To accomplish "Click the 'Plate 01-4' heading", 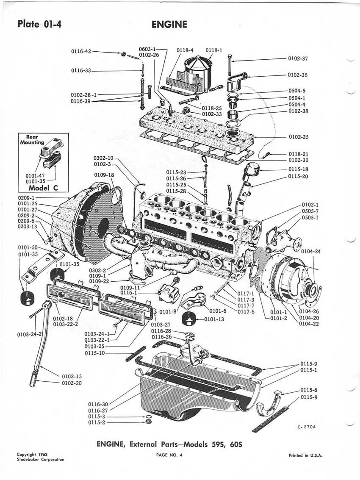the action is [x=39, y=24].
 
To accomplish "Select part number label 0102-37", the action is [x=298, y=58].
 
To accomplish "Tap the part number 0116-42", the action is [x=81, y=51].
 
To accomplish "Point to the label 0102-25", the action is [x=299, y=137].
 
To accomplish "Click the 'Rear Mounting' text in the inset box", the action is [x=32, y=139].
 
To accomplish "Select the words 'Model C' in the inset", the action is [x=43, y=188].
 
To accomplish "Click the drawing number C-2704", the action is [x=306, y=427].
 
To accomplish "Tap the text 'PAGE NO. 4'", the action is [x=169, y=455].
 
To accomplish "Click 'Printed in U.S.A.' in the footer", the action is [x=306, y=455].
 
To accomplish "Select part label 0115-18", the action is [x=299, y=169].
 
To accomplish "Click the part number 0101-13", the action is [x=214, y=319].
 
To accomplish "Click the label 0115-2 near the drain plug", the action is [x=97, y=423].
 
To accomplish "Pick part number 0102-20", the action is [x=72, y=383].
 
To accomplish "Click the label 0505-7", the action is [x=310, y=211].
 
